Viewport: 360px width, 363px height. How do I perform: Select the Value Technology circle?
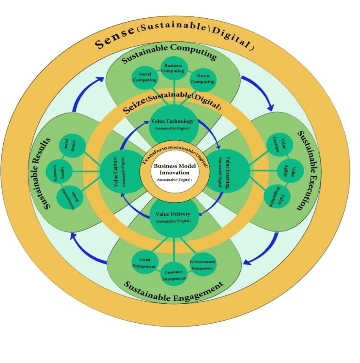(172, 124)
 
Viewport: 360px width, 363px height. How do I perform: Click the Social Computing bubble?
(145, 77)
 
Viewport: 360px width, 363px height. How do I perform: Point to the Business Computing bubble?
(173, 69)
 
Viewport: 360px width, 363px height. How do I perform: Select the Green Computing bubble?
(202, 79)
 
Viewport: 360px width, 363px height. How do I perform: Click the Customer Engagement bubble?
(174, 275)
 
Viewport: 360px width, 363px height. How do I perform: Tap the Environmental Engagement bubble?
(202, 265)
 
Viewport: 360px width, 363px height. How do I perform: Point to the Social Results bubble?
(72, 146)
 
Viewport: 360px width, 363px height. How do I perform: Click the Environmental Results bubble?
(69, 198)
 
